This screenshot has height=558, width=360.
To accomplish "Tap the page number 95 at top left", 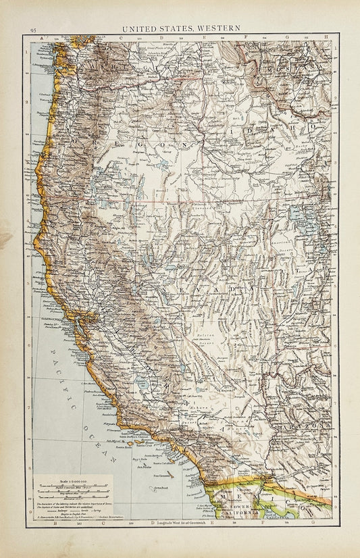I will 32,30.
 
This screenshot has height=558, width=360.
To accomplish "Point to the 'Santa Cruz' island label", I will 143,446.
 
